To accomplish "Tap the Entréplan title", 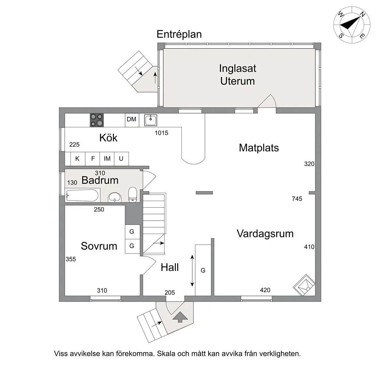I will coord(179,34).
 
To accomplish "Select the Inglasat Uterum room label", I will coord(237,75).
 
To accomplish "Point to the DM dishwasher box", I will coord(132,119).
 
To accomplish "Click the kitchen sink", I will coord(150,120).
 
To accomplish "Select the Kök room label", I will coord(108,138).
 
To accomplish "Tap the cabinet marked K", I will coord(77,159).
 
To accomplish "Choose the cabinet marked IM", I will coord(107,159).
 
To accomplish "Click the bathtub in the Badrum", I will coord(82,196).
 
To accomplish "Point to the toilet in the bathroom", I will coord(133,195).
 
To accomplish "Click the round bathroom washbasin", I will coord(114,197).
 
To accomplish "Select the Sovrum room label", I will coord(99,246).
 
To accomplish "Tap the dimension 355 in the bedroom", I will coord(70,259).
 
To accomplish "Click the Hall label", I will coord(170,268).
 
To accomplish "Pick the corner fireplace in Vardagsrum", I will coord(304,285).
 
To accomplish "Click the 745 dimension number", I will coord(297,199).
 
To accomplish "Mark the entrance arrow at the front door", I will coord(179,317).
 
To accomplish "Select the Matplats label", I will coord(259,148).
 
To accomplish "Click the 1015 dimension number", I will coord(162,133).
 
